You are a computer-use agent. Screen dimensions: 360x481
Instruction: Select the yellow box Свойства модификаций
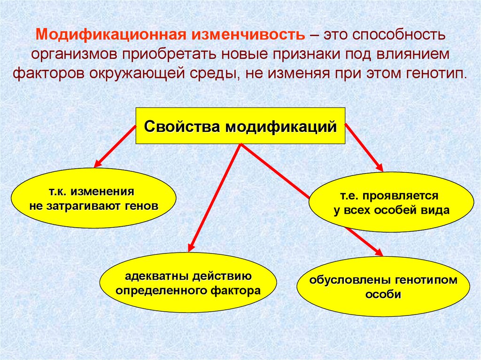240,126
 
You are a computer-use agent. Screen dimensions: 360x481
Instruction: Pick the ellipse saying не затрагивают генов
93,199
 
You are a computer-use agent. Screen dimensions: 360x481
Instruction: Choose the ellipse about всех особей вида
392,202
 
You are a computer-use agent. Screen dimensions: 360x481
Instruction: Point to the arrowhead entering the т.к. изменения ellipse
98,164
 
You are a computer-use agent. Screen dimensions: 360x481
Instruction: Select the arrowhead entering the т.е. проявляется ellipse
380,167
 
